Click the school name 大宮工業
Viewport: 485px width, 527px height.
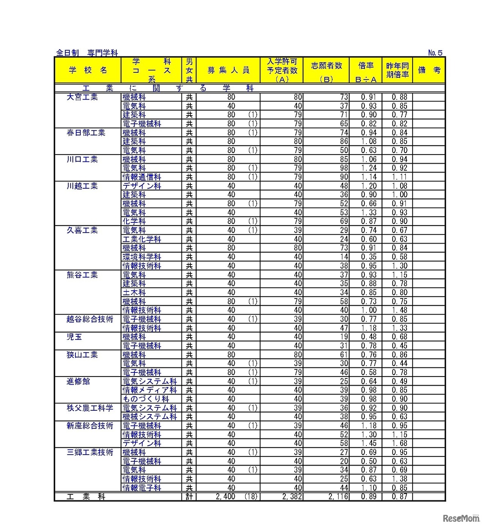(x=82, y=97)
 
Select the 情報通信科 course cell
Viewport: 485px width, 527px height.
(x=142, y=177)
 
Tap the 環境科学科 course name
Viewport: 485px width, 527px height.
(x=142, y=257)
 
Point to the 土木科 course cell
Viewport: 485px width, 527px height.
(x=134, y=292)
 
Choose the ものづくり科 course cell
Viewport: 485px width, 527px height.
(x=146, y=399)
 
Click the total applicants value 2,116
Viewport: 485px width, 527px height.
(x=338, y=497)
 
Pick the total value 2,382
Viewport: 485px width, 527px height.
(x=292, y=497)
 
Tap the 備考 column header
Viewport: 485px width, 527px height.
(x=429, y=70)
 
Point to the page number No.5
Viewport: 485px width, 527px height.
(x=435, y=53)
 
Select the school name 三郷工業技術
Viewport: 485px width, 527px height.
(x=90, y=452)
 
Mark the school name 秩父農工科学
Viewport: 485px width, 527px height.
(x=90, y=408)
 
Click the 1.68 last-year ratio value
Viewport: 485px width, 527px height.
(x=399, y=443)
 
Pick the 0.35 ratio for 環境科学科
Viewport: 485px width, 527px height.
(x=369, y=257)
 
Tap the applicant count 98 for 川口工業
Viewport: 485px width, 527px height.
(x=344, y=168)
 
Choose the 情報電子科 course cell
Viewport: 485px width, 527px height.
(x=142, y=488)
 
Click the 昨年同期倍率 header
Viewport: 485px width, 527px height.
(x=397, y=70)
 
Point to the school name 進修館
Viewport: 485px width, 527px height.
(x=78, y=381)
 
